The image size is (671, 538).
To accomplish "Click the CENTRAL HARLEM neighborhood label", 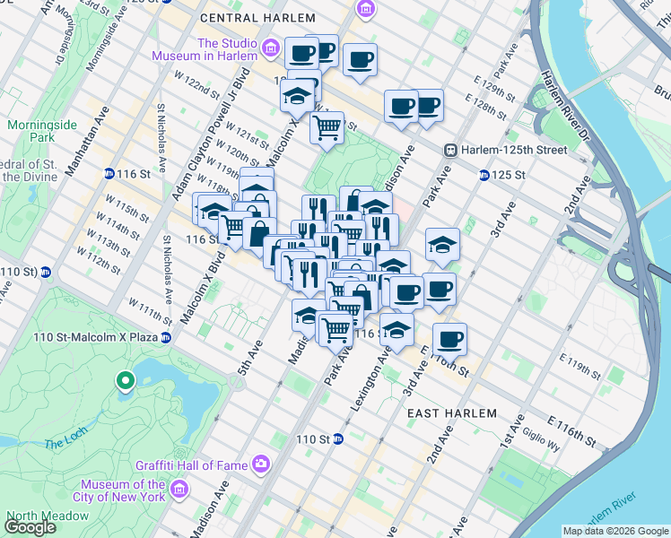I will pyautogui.click(x=257, y=18).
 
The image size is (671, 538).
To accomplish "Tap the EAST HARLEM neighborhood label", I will pyautogui.click(x=451, y=413).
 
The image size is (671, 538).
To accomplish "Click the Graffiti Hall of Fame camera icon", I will pyautogui.click(x=260, y=464).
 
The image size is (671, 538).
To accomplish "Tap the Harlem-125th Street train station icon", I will pyautogui.click(x=452, y=150).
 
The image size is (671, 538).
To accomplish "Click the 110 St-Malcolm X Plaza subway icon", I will pyautogui.click(x=165, y=337).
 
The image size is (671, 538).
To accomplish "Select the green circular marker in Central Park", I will pyautogui.click(x=126, y=382).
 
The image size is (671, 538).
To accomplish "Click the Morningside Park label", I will pyautogui.click(x=30, y=131).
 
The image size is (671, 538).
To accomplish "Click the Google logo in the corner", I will pyautogui.click(x=30, y=527).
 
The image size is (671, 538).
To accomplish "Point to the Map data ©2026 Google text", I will pyautogui.click(x=614, y=531).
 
